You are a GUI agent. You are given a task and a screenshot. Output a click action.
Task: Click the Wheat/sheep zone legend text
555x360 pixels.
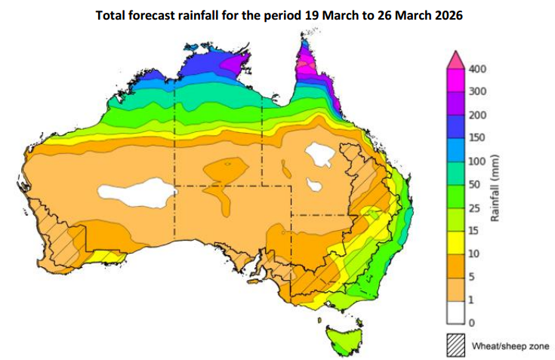coord(510,346)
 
